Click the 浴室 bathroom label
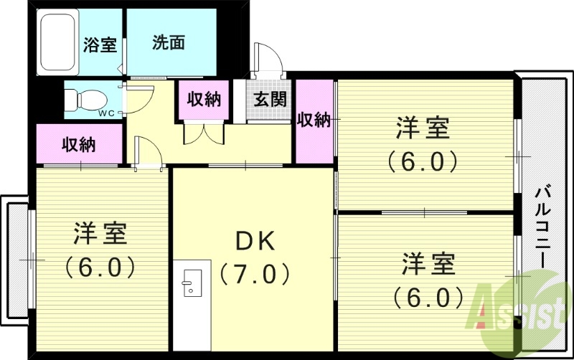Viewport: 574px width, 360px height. click(x=100, y=44)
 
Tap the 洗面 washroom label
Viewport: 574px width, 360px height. click(x=169, y=43)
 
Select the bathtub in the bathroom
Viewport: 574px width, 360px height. click(x=57, y=43)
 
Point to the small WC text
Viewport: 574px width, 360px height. click(x=106, y=112)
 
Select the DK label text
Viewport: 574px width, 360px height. click(x=255, y=241)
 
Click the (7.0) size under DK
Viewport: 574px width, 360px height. click(x=255, y=273)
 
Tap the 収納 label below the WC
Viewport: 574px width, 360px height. click(x=78, y=144)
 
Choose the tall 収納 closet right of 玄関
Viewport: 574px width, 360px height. click(x=314, y=120)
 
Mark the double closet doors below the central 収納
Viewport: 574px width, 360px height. click(x=204, y=133)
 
